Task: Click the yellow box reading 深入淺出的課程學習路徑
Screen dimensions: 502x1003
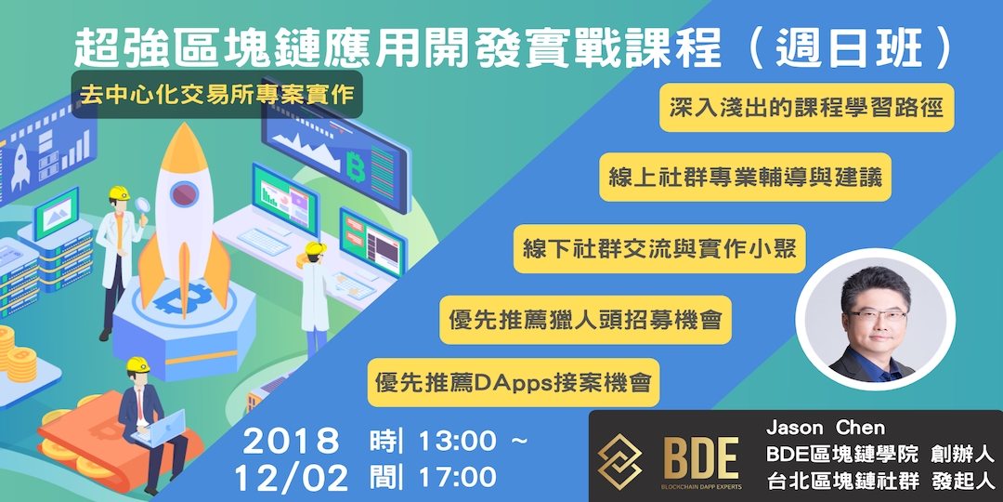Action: (x=807, y=109)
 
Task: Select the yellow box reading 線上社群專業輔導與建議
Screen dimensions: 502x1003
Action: (x=746, y=178)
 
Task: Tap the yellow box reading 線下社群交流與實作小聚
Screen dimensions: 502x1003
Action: (x=660, y=250)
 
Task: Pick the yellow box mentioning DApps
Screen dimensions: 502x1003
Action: (x=514, y=382)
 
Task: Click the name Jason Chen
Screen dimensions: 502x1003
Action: (x=826, y=429)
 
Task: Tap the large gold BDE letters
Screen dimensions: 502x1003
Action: (x=701, y=456)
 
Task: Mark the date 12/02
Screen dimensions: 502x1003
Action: (x=290, y=478)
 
